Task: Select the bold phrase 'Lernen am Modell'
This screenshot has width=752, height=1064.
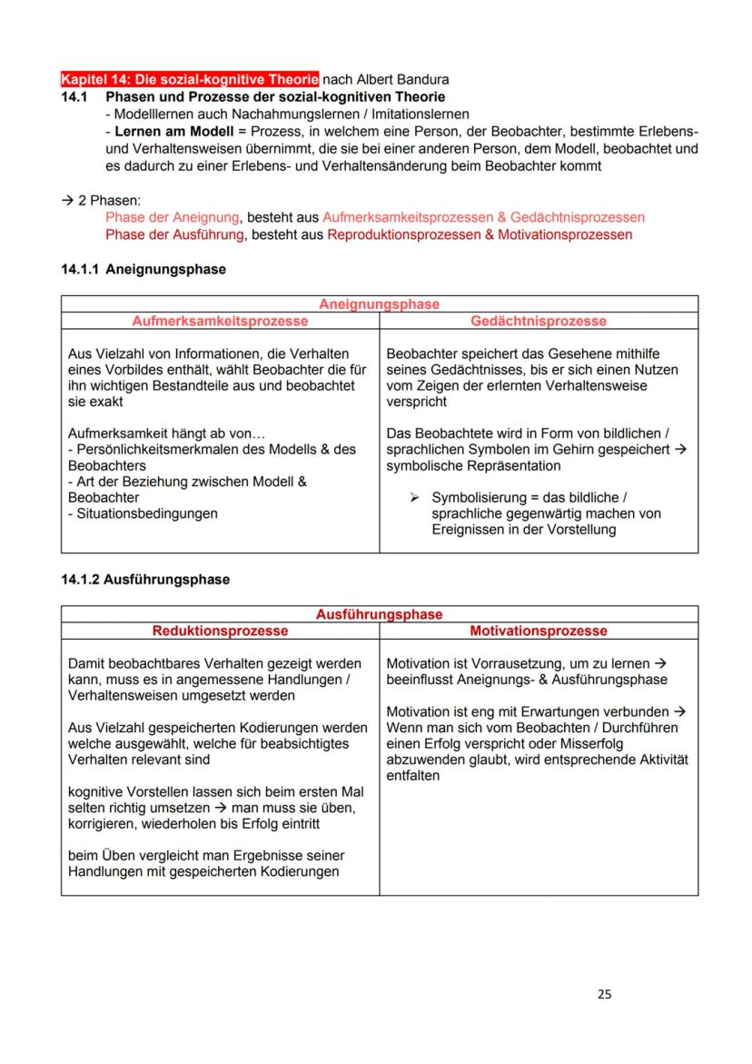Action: [x=166, y=131]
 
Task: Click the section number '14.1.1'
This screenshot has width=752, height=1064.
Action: [x=83, y=270]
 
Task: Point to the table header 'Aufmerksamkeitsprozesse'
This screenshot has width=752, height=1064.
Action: [x=220, y=321]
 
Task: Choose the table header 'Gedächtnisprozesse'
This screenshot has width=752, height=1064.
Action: [x=539, y=321]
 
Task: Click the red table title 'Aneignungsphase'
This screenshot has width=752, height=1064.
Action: [x=379, y=304]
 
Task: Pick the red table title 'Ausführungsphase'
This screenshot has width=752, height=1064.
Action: [x=379, y=614]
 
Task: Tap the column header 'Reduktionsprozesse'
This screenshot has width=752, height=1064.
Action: [x=220, y=631]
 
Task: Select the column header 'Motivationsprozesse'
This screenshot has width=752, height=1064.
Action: [x=539, y=631]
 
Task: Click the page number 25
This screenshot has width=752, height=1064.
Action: [x=605, y=994]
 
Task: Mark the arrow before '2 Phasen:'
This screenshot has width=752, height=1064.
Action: [x=67, y=201]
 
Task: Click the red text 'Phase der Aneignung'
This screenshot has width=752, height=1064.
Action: [x=172, y=217]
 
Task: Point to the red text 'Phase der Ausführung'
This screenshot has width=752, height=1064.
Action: [x=173, y=234]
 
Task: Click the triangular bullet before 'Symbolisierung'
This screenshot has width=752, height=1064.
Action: [x=414, y=498]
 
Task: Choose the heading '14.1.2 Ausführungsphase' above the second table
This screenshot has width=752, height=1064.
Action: [x=145, y=580]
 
